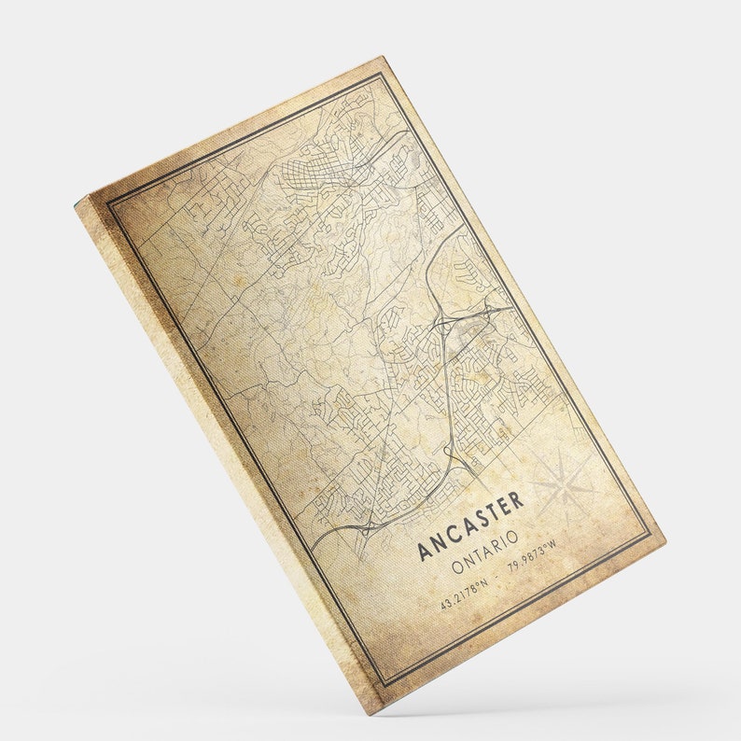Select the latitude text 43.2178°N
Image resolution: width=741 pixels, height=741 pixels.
[464, 594]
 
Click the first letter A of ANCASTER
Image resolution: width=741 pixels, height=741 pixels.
[424, 551]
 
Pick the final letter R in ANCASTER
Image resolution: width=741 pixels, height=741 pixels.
[517, 499]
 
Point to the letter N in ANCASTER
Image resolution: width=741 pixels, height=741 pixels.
[439, 542]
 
